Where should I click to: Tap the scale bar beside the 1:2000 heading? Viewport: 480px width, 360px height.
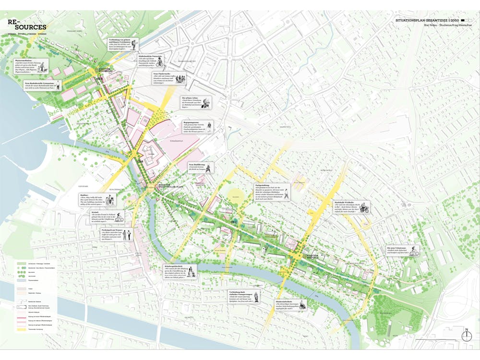click(464, 21)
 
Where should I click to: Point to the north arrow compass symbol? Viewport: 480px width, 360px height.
click(466, 336)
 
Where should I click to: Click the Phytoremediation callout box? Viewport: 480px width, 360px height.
click(32, 65)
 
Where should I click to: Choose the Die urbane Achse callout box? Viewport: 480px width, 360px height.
click(196, 102)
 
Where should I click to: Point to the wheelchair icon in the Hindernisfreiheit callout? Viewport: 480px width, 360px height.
click(302, 304)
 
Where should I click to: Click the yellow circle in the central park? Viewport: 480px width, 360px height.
click(235, 194)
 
